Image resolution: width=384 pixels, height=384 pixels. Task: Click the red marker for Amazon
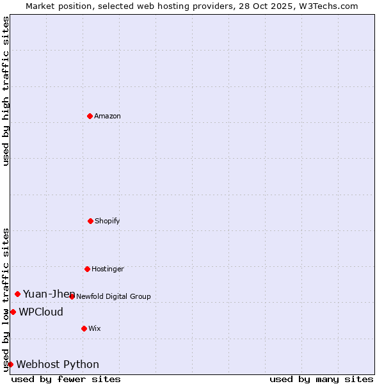point(90,116)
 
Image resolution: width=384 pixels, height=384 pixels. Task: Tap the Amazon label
point(108,116)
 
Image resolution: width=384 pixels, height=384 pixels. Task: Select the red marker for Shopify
point(90,221)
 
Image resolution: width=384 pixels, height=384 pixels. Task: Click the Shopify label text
point(108,221)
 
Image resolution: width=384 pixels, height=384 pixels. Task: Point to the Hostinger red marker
point(87,269)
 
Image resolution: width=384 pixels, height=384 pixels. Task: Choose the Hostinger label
point(108,269)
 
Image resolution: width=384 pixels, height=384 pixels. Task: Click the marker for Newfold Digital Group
point(72,296)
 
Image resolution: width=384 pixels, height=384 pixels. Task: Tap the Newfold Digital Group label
point(113,296)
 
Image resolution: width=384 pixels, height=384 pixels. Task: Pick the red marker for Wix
point(84,328)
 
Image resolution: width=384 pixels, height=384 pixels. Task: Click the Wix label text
point(95,329)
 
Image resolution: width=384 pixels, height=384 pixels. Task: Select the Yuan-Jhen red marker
point(17,294)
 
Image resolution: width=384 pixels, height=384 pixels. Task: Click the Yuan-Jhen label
point(49,294)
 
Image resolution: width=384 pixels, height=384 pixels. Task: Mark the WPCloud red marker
point(13,312)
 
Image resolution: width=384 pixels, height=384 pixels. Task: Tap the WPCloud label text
point(41,312)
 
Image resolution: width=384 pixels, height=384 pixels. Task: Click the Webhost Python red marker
point(10,364)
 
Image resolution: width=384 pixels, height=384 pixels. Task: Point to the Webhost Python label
point(58,365)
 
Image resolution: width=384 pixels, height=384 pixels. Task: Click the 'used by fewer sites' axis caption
point(66,380)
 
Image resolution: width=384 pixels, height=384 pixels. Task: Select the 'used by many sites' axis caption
point(321,380)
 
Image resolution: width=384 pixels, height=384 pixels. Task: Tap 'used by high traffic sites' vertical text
point(6,91)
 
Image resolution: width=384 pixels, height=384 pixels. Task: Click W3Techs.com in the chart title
point(327,6)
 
